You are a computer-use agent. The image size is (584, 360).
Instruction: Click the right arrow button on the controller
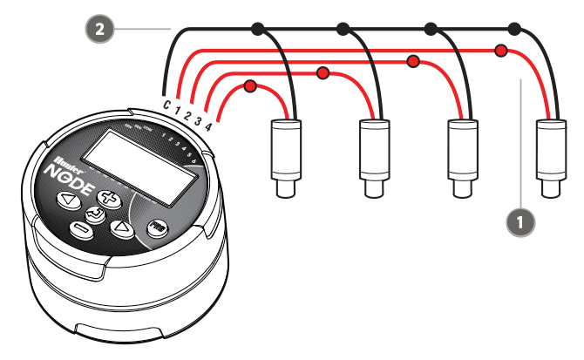coord(120,228)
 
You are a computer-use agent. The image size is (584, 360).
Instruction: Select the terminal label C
coord(166,105)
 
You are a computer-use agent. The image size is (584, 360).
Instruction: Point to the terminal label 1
coord(177,110)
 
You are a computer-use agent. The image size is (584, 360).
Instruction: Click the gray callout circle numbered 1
coord(520,221)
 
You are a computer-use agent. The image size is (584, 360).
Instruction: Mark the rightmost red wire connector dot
coord(501,51)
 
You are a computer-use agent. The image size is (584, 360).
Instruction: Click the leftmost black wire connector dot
coord(257,30)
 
